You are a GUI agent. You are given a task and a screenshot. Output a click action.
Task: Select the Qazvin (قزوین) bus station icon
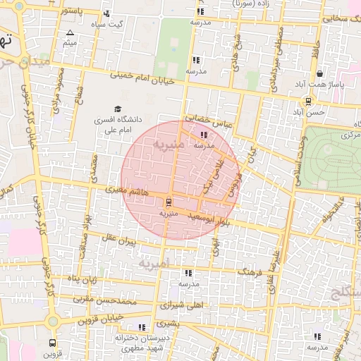coord(53,343)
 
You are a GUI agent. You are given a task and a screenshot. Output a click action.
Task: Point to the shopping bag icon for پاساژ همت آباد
coord(320,73)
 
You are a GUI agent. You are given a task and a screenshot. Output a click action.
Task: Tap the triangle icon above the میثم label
coord(69,33)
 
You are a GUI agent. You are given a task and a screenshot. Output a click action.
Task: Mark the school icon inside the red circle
coord(204,134)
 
